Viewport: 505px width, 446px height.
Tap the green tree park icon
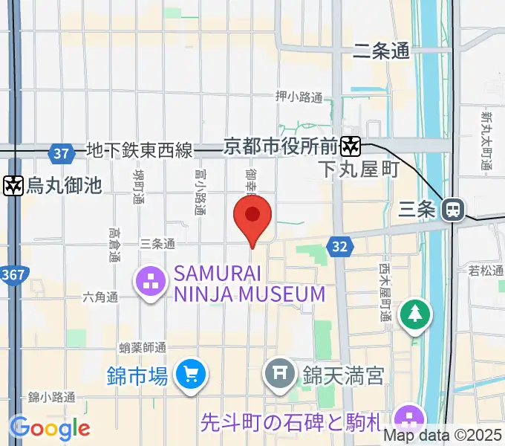click(x=415, y=314)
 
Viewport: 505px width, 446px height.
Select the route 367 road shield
click(x=12, y=276)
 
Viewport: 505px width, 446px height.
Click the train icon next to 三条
click(x=451, y=210)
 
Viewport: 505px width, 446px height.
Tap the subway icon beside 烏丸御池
click(x=13, y=185)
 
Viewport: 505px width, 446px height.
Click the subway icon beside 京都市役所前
click(x=351, y=146)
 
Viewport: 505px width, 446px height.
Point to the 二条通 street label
click(x=381, y=51)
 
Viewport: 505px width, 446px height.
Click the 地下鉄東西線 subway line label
click(x=139, y=151)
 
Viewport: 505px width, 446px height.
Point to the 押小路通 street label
click(x=299, y=97)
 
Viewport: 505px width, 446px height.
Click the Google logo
click(x=50, y=427)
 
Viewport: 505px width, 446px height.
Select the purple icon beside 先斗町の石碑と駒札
click(x=408, y=416)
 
